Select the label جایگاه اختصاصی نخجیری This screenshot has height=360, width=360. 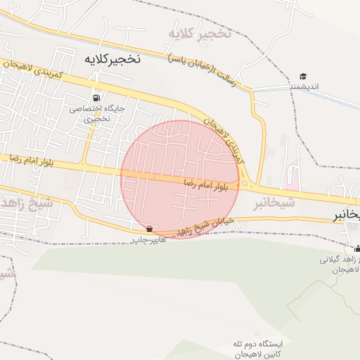[x=96, y=114]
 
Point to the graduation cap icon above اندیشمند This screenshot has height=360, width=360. [x=303, y=76]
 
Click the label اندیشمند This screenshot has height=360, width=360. [x=304, y=86]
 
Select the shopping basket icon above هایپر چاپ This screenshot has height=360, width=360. [x=149, y=229]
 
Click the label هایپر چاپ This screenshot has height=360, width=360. [x=149, y=240]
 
